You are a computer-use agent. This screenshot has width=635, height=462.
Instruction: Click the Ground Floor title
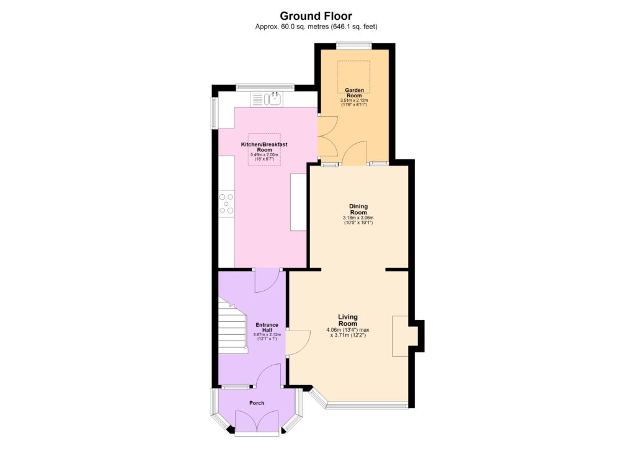point(316,16)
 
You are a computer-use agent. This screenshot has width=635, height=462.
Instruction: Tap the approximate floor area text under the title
point(316,27)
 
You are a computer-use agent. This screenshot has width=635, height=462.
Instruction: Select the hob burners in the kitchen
point(226,203)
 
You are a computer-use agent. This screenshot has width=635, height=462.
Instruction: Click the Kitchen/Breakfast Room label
point(264,147)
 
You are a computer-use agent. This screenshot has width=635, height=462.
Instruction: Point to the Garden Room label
point(353,93)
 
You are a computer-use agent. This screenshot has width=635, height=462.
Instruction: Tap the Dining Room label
point(358,209)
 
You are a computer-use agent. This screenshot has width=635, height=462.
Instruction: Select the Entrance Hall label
point(267,327)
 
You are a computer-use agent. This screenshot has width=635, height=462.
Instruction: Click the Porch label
point(257,403)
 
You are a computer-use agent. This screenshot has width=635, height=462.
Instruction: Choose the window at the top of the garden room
point(353,45)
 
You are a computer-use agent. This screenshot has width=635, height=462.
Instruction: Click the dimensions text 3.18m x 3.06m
point(358,218)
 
